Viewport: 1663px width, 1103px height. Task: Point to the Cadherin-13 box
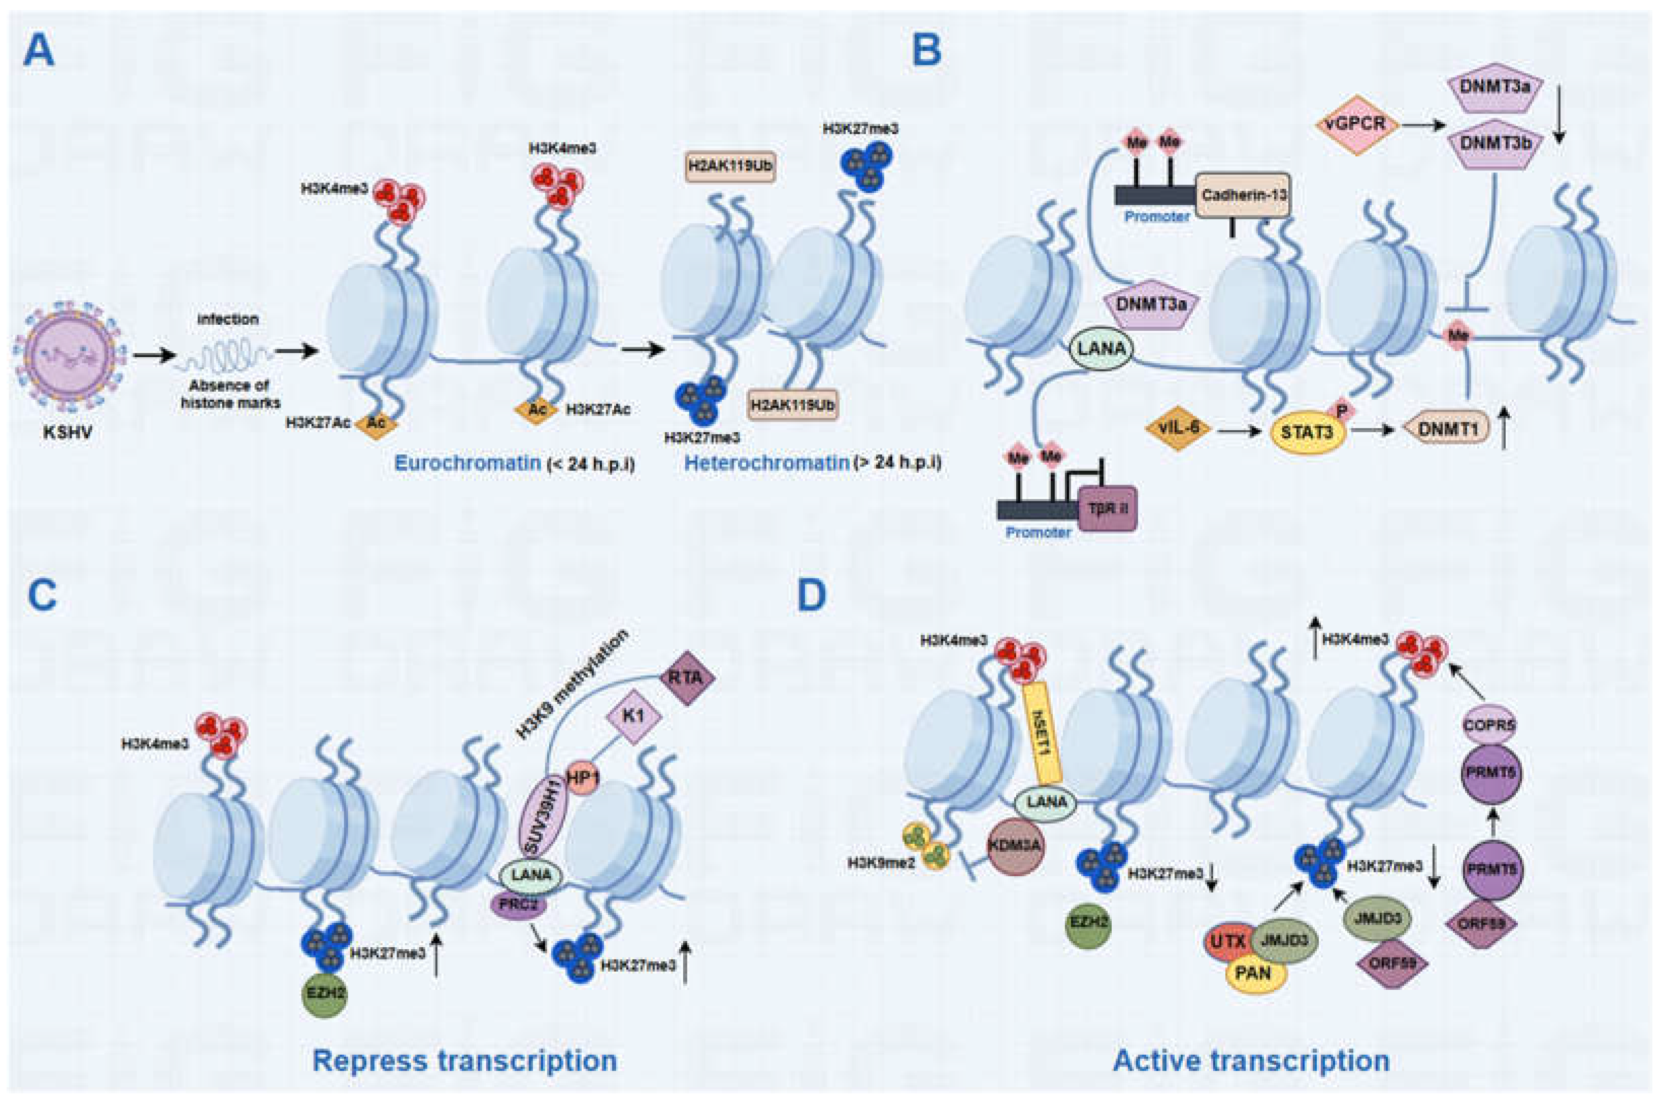tap(1243, 194)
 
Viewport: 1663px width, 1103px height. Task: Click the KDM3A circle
tap(1014, 848)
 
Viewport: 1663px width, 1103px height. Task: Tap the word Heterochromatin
tap(766, 464)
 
